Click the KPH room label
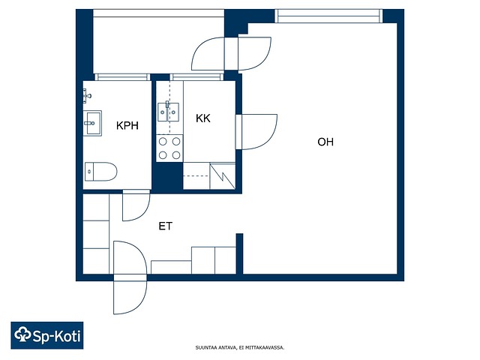pyautogui.click(x=127, y=125)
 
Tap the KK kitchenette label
pyautogui.click(x=203, y=118)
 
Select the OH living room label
pyautogui.click(x=325, y=142)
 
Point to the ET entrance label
pyautogui.click(x=165, y=226)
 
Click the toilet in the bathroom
pyautogui.click(x=100, y=172)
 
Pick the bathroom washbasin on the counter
pyautogui.click(x=93, y=123)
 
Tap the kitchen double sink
pyautogui.click(x=168, y=112)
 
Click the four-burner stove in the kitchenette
pyautogui.click(x=169, y=148)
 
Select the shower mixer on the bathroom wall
pyautogui.click(x=87, y=96)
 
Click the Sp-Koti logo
pyautogui.click(x=47, y=335)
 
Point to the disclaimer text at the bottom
pyautogui.click(x=240, y=348)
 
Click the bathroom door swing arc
pyautogui.click(x=136, y=205)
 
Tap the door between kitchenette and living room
pyautogui.click(x=256, y=132)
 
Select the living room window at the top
pyautogui.click(x=328, y=16)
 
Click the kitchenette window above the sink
pyautogui.click(x=196, y=76)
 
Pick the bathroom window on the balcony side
pyautogui.click(x=122, y=76)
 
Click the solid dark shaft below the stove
pyautogui.click(x=167, y=177)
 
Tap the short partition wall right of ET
pyautogui.click(x=239, y=253)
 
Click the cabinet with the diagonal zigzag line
pyautogui.click(x=223, y=176)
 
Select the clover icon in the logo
pyautogui.click(x=23, y=334)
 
